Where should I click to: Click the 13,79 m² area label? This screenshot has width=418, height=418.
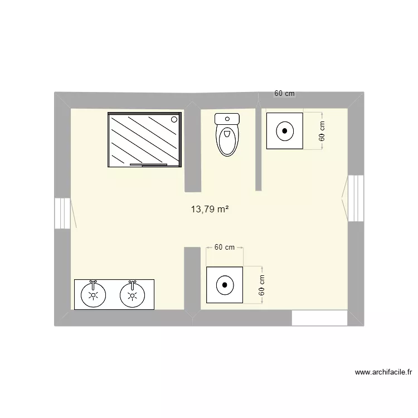point(210,210)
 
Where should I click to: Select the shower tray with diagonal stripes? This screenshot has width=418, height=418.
point(144,139)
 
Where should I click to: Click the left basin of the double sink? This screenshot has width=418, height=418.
point(93,294)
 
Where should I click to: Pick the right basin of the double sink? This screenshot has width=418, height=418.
point(132,294)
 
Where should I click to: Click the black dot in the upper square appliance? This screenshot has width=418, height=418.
point(285,131)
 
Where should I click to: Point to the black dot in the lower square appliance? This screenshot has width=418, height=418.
point(225,285)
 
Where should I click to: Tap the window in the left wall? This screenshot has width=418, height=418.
point(62,212)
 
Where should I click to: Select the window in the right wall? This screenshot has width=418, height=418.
point(356,198)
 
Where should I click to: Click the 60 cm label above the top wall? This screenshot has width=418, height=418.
point(284,94)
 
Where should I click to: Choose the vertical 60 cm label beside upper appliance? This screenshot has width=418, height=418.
point(322,131)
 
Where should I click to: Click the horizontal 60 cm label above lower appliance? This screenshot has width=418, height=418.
point(224,247)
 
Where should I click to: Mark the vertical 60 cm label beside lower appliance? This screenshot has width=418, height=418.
point(262,285)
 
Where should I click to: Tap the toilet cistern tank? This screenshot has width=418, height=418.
point(227,118)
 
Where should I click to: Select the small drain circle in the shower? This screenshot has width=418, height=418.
point(174,118)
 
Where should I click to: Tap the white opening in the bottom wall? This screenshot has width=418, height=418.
point(319,318)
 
